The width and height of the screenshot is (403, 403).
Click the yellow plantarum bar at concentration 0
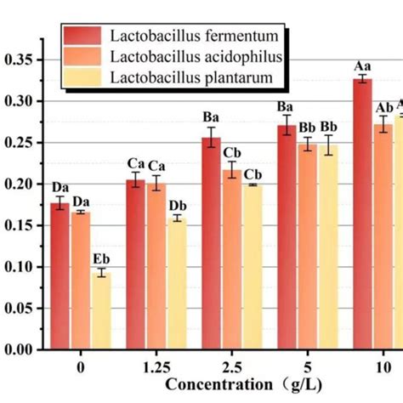101,310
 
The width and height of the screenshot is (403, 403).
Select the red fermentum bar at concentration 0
60,276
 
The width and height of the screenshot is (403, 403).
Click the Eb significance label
101,259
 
